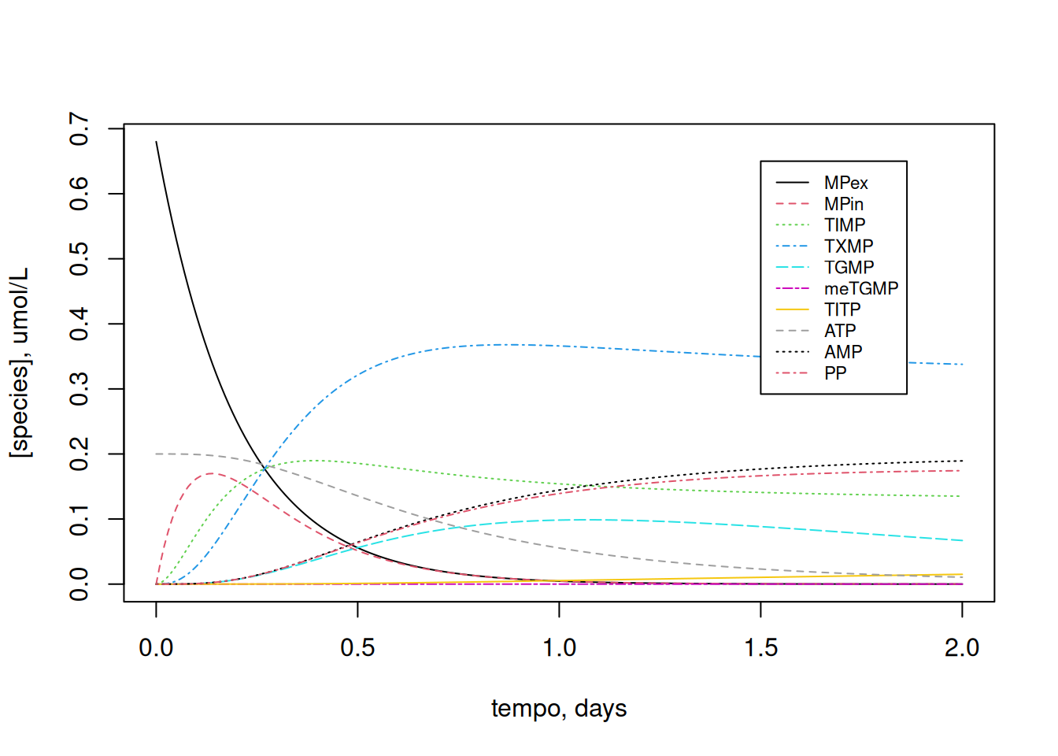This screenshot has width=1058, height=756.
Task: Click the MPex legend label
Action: tap(845, 183)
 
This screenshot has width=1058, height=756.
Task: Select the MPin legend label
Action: tap(843, 204)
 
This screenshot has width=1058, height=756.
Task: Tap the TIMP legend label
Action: tap(844, 225)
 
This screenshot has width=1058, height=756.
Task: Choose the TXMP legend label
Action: tap(848, 246)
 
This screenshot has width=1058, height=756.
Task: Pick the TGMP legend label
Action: tap(849, 268)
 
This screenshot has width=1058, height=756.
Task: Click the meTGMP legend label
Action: tap(860, 288)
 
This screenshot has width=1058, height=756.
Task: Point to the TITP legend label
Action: tap(842, 309)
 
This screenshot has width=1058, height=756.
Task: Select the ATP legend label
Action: tap(839, 331)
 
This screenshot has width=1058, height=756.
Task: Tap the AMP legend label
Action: tap(842, 352)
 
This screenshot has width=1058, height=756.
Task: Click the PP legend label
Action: tap(835, 373)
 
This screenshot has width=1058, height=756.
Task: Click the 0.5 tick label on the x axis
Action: tap(357, 648)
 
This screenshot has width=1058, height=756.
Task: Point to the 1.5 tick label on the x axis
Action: tap(760, 648)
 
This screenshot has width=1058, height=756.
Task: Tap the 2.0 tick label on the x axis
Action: tap(962, 648)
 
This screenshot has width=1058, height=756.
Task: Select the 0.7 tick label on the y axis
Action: tap(80, 128)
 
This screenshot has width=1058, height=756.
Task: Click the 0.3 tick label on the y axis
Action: tap(80, 389)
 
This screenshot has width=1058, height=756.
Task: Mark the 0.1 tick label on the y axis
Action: tap(80, 520)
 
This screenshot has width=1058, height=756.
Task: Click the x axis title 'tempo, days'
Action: tap(559, 708)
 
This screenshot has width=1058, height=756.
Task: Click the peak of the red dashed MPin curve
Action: tap(212, 473)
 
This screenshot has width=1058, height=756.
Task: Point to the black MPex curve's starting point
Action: tap(157, 142)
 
